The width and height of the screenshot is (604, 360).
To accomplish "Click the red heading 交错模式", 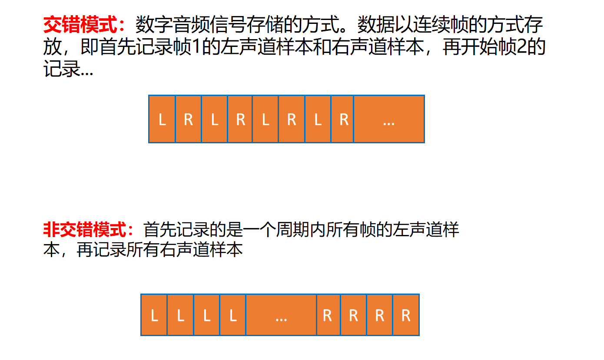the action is point(81,26).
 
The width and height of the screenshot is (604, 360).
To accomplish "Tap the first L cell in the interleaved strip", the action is point(162,119).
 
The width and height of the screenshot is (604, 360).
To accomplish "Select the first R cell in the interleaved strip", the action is point(188,119).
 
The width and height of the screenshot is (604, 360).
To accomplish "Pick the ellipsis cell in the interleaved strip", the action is point(389,119).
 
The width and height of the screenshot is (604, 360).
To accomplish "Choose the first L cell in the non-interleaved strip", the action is point(154,315).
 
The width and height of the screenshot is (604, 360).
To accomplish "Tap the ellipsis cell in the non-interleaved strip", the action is point(281,315).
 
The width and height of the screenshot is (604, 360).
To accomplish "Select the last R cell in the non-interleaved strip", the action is point(406,315).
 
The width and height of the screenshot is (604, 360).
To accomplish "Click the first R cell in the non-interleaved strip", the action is point(328,315).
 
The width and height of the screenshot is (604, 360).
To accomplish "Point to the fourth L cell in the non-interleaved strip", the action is point(233,315).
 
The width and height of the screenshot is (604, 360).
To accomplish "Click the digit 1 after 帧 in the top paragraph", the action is point(195,48).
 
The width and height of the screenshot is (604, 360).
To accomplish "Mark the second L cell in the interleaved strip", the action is point(214,119).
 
